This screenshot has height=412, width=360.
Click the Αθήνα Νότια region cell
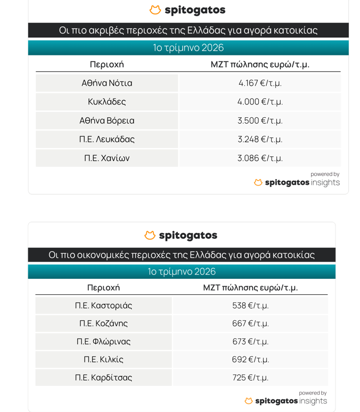107,83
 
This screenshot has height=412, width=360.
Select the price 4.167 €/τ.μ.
260,83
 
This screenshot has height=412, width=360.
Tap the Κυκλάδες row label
107,102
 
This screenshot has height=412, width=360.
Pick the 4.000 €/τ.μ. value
260,102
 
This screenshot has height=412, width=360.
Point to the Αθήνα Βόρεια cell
107,120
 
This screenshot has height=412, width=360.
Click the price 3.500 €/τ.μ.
260,120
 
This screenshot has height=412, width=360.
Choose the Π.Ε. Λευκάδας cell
107,139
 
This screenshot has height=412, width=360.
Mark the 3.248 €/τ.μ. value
260,139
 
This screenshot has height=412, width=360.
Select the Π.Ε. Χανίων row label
107,158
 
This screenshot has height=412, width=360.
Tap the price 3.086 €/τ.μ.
260,158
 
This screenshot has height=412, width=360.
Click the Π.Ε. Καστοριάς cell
103,305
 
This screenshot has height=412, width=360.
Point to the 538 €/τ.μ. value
250,305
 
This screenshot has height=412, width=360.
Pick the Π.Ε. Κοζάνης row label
103,324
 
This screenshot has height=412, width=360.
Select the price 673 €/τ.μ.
250,342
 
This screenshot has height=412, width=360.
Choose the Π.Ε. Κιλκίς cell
103,360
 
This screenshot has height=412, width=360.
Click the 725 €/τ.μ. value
250,378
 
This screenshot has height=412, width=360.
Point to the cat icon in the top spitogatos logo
155,10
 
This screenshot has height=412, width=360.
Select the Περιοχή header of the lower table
103,288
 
